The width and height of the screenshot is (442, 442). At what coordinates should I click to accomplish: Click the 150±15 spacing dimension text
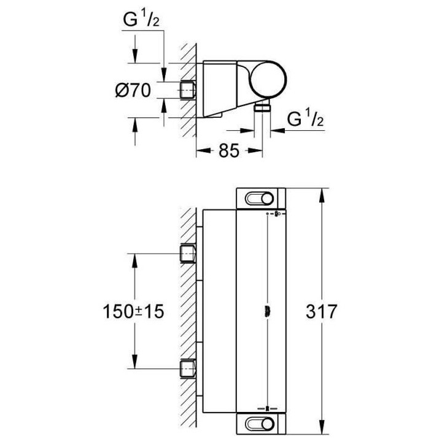tap(133, 311)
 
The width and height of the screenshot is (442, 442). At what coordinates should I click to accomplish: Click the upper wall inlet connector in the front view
tap(188, 253)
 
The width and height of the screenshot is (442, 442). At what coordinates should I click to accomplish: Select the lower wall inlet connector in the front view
tap(188, 370)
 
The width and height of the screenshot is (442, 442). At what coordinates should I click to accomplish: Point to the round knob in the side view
tap(268, 81)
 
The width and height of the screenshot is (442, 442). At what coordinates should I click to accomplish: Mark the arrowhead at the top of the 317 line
tap(321, 192)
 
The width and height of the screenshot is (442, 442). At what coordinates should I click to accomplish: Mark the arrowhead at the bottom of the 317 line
tap(321, 431)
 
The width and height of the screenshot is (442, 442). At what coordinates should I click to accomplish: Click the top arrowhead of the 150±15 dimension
tap(133, 257)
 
